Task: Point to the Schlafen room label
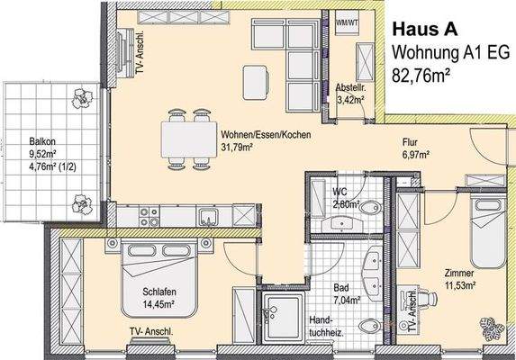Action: point(159,292)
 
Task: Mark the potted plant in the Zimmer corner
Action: point(491,327)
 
